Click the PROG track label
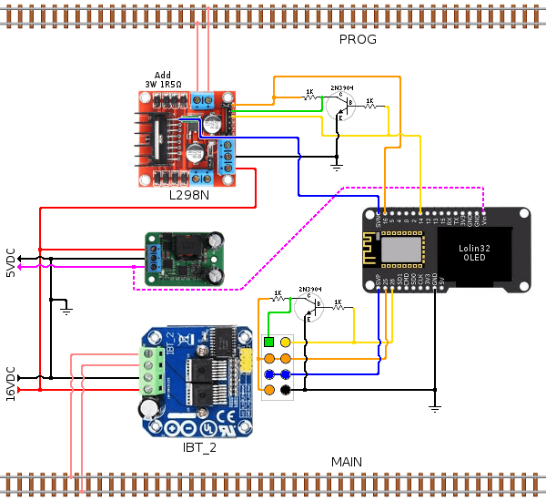pos(358,39)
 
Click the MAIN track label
pos(346,462)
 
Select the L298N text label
pos(189,195)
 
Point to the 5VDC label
pos(11,261)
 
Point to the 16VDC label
pos(11,383)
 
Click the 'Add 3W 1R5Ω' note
pos(163,79)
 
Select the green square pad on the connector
pos(269,342)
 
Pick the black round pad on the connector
pos(285,390)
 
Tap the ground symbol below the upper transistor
pos(336,167)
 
